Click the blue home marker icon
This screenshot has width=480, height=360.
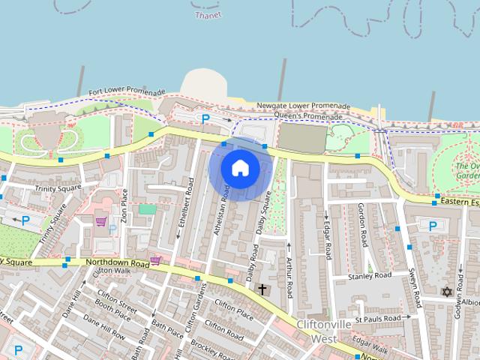point(239,168)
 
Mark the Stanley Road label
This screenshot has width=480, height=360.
point(370,276)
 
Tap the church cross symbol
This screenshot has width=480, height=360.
point(262,289)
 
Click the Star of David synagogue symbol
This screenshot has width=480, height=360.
point(448,291)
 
